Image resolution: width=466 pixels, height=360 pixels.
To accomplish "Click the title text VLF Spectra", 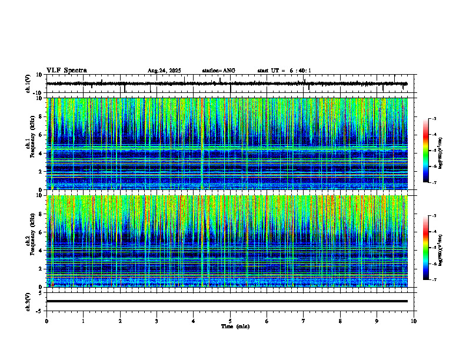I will [x=66, y=70].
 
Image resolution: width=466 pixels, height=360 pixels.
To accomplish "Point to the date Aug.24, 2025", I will [x=164, y=71].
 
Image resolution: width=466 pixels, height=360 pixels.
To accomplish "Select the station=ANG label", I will [x=218, y=71].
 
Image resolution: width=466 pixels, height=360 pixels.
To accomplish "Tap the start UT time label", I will [x=284, y=71].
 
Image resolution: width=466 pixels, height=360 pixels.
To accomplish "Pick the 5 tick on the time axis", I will [x=231, y=321].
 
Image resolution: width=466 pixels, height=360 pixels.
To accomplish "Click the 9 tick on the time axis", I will [x=377, y=321].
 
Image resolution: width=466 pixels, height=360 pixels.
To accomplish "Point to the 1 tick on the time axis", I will [x=84, y=321].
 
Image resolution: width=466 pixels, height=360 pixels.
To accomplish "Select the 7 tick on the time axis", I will [x=304, y=321].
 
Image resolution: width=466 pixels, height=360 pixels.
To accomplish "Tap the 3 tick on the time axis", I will [x=157, y=321].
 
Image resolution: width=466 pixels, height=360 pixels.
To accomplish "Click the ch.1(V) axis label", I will [x=28, y=84].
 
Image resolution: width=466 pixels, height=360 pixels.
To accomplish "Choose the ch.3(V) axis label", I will [x=28, y=301].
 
